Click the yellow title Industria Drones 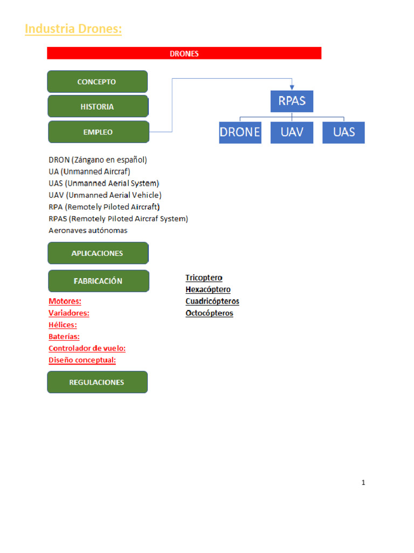(73, 29)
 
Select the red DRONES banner (184, 53)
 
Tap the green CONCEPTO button (97, 82)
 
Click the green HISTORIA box (98, 106)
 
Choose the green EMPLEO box (98, 132)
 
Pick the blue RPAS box (292, 102)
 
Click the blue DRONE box (240, 132)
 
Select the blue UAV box (292, 132)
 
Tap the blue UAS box (343, 132)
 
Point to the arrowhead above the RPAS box (292, 87)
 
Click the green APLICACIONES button (98, 253)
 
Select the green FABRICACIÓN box (98, 281)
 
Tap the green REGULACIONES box (97, 382)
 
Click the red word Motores (65, 301)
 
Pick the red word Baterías (64, 336)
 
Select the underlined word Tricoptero (204, 278)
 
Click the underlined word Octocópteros (209, 313)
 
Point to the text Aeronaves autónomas (88, 231)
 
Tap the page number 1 (363, 483)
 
